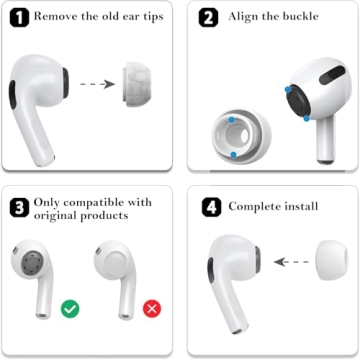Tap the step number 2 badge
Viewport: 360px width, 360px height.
coord(208,17)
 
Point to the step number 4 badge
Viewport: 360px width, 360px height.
coord(208,206)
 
